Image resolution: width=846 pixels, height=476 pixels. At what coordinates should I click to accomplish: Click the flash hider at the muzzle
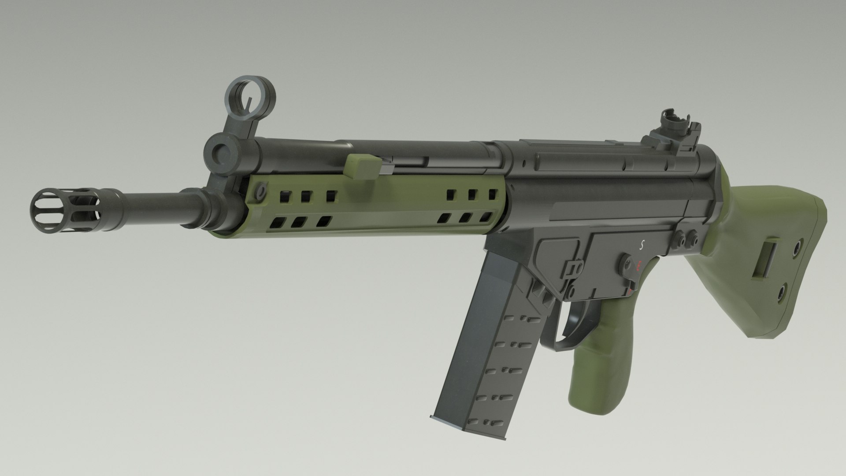pyautogui.click(x=66, y=211)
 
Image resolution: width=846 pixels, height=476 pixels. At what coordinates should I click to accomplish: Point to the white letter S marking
pyautogui.click(x=642, y=246)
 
